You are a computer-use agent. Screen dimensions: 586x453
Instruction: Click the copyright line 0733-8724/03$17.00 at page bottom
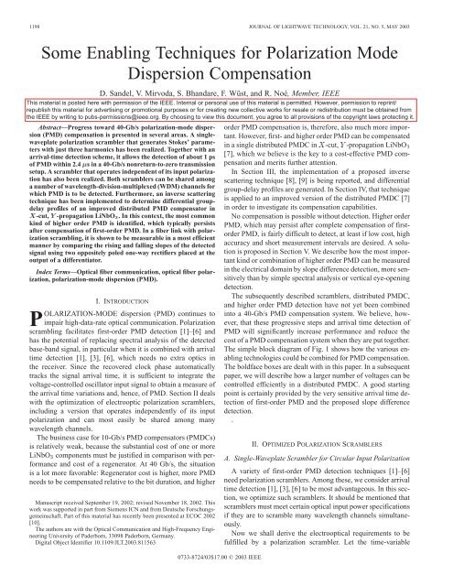(226, 581)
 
